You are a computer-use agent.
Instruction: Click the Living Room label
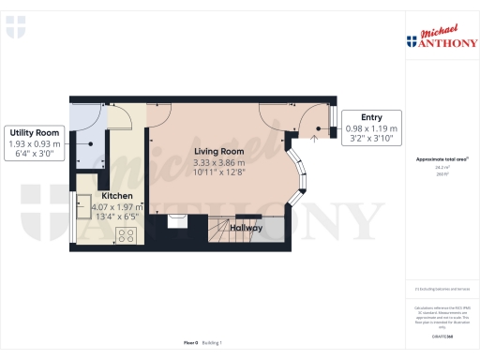pos(218,151)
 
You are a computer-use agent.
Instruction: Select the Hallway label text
pos(247,228)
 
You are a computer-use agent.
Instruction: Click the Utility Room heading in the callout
pos(35,133)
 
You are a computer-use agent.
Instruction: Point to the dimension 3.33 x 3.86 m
pos(218,161)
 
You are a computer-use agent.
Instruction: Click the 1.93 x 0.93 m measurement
pos(35,143)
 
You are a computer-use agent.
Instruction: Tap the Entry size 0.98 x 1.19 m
pos(371,127)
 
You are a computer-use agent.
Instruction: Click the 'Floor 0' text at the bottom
pos(191,343)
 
